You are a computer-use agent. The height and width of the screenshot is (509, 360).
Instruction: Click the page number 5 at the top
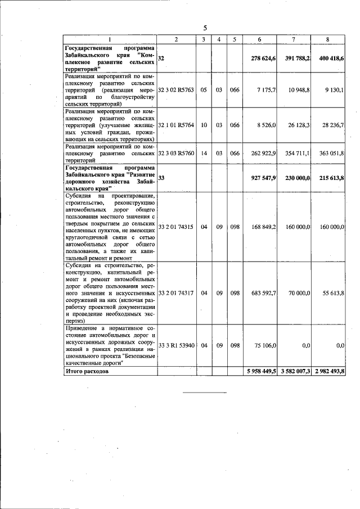coord(205,28)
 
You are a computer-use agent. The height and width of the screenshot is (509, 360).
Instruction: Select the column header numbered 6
coord(259,39)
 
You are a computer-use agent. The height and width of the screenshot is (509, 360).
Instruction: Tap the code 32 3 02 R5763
coord(176,90)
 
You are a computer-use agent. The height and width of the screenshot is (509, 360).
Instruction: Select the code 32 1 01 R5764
coord(176,125)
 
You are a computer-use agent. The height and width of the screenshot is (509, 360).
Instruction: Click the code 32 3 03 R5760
coord(176,152)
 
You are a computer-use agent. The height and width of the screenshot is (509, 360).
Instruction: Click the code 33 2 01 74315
coord(176,227)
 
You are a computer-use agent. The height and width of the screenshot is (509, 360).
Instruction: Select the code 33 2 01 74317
coord(176,292)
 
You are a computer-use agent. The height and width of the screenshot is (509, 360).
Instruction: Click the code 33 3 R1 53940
coord(176,345)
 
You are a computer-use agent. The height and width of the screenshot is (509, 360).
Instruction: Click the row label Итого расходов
coord(85,372)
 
